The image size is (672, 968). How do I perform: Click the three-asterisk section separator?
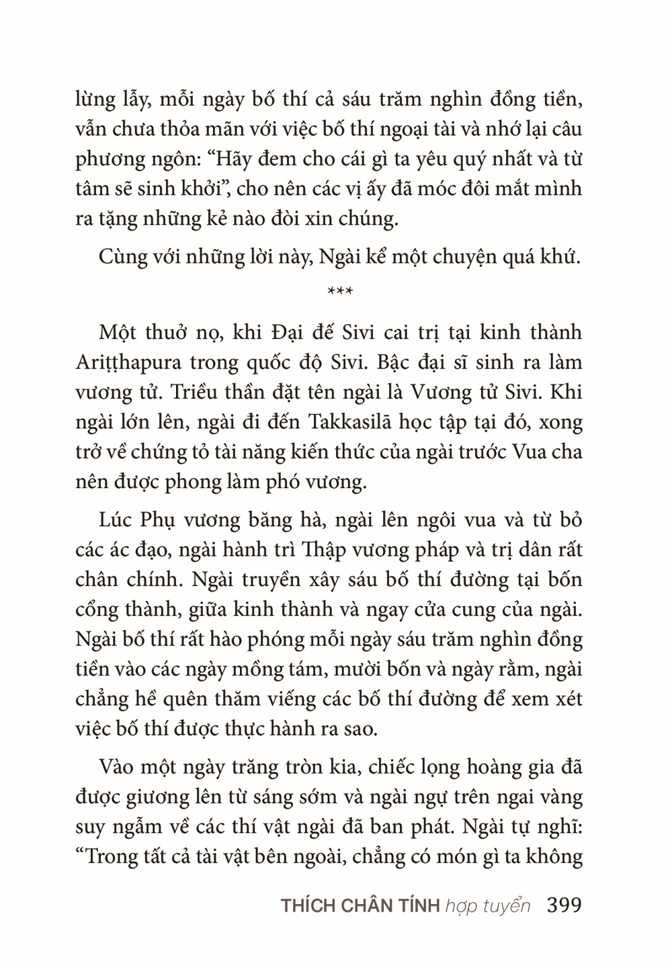coord(335,292)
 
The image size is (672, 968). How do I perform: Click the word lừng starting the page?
coord(95,101)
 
